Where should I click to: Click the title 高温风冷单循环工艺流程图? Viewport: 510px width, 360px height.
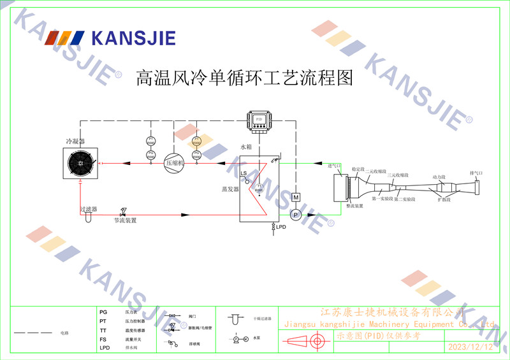click(245, 78)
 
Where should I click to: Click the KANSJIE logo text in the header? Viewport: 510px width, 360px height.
click(133, 38)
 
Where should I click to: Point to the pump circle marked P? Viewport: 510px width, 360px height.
click(295, 215)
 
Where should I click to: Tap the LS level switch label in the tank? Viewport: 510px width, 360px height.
click(244, 173)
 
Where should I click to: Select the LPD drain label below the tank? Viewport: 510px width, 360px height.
click(281, 227)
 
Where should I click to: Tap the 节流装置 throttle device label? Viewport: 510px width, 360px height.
click(125, 220)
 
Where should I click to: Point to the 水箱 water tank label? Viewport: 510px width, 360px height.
click(247, 147)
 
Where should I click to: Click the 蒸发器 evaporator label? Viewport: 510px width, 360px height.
click(229, 189)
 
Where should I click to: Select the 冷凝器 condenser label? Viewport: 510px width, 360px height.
click(75, 141)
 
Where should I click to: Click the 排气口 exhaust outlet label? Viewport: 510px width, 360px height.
click(476, 173)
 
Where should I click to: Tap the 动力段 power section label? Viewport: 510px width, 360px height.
click(439, 176)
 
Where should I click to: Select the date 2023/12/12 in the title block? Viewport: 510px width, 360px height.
click(470, 347)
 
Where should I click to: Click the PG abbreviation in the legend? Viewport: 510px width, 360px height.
click(103, 312)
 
